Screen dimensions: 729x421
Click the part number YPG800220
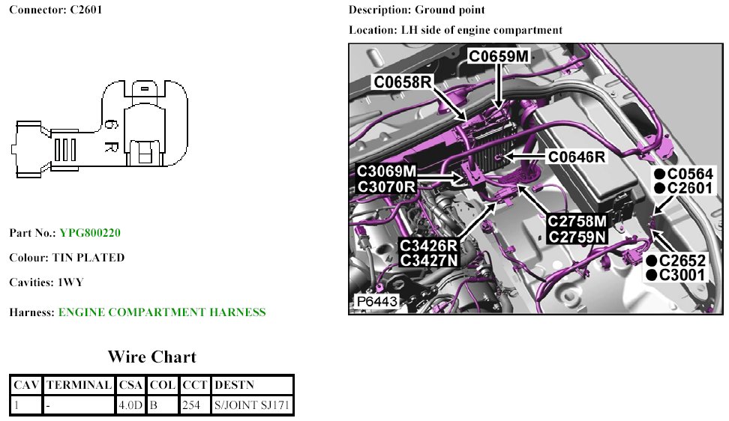(x=90, y=233)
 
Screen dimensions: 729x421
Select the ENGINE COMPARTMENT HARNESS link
(x=162, y=312)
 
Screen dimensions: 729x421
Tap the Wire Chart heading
(x=151, y=357)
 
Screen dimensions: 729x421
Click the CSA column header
(x=130, y=385)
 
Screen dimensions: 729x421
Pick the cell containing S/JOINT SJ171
(x=252, y=405)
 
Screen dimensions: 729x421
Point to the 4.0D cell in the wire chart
(x=130, y=405)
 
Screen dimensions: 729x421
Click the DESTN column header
(x=234, y=385)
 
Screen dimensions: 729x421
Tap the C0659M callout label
(x=499, y=55)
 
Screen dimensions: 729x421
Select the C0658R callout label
(x=403, y=82)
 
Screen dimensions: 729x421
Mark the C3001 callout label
(x=682, y=275)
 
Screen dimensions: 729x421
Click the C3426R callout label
(x=429, y=246)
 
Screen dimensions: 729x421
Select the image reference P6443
(x=376, y=302)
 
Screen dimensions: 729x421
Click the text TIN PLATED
(x=88, y=258)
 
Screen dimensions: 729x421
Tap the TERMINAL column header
(x=79, y=385)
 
